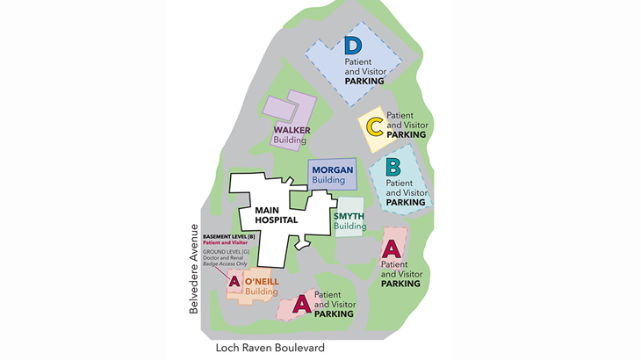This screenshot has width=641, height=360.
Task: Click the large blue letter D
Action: tap(353, 46)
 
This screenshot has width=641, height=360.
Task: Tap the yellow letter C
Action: tap(374, 127)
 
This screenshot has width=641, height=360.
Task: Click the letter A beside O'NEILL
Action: tap(234, 282)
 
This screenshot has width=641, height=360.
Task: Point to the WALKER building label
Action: tap(292, 130)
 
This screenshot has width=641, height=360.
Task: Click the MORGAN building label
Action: tap(331, 169)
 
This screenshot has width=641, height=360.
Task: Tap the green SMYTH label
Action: tap(349, 216)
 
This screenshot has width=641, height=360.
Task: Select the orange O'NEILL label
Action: tap(261, 281)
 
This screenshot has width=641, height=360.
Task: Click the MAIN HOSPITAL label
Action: tap(277, 216)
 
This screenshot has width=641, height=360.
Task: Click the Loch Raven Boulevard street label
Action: tap(270, 349)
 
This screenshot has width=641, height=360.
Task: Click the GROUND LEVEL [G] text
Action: tap(228, 251)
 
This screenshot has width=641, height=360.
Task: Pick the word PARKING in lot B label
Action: tap(406, 202)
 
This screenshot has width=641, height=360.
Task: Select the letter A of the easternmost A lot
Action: tap(390, 248)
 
